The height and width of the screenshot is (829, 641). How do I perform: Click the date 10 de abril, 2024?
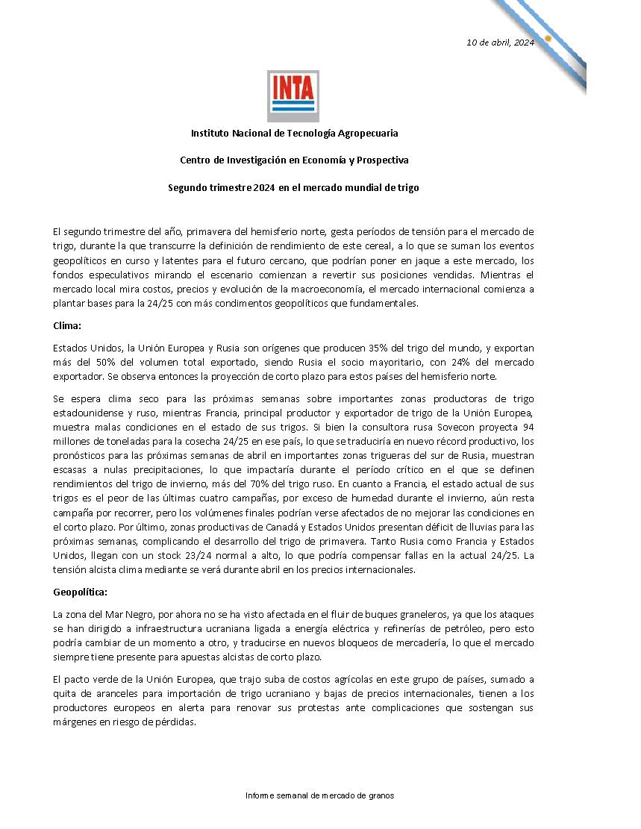[x=500, y=42]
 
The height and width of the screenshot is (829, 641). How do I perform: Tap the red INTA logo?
[x=293, y=96]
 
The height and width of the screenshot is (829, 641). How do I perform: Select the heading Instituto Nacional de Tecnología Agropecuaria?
[x=294, y=133]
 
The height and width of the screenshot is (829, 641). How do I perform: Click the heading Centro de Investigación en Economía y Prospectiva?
[x=294, y=160]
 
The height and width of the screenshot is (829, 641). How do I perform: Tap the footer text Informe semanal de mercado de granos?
[x=319, y=795]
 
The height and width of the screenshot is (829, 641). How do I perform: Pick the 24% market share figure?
[x=460, y=362]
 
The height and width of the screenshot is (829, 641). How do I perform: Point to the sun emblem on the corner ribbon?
[x=548, y=38]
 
